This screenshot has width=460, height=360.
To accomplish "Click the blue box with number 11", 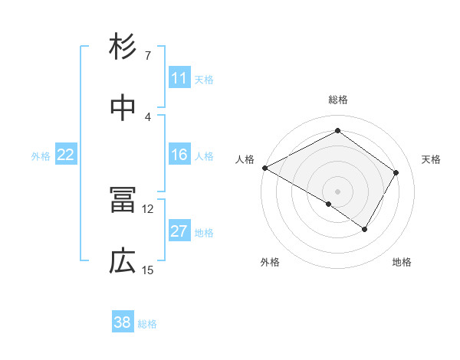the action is pyautogui.click(x=179, y=78).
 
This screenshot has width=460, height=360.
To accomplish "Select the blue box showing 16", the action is pyautogui.click(x=179, y=155).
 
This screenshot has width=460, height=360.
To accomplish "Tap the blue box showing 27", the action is pyautogui.click(x=179, y=232).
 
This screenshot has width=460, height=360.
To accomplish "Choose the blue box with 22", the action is pyautogui.click(x=66, y=155).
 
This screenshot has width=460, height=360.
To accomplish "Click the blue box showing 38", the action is pyautogui.click(x=123, y=322).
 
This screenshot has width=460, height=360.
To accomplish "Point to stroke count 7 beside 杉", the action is pyautogui.click(x=147, y=56).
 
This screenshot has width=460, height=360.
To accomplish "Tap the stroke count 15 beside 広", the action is pyautogui.click(x=148, y=270).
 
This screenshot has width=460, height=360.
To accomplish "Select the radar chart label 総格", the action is pyautogui.click(x=337, y=100).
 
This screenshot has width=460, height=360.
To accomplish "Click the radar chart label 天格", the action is pyautogui.click(x=432, y=159).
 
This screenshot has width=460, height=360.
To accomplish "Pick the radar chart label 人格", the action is pyautogui.click(x=245, y=159).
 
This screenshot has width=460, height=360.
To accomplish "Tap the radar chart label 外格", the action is pyautogui.click(x=270, y=262).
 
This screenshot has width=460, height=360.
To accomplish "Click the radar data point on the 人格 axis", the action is pyautogui.click(x=264, y=168).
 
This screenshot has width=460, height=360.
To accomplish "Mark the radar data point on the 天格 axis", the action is pyautogui.click(x=396, y=172).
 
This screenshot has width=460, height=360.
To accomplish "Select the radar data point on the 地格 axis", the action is pyautogui.click(x=365, y=229).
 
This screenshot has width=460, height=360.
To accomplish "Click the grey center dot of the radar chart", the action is pyautogui.click(x=337, y=191).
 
